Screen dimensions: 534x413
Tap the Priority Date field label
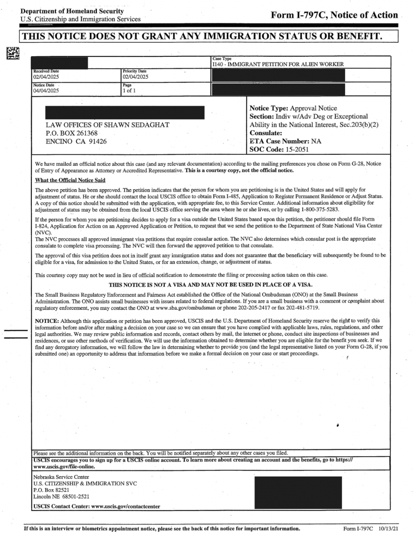pos(134,71)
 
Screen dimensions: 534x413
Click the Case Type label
pos(222,58)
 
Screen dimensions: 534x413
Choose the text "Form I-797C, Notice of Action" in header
pos(334,15)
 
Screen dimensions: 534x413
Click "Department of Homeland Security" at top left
pos(72,11)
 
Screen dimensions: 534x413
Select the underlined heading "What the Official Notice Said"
pos(70,180)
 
